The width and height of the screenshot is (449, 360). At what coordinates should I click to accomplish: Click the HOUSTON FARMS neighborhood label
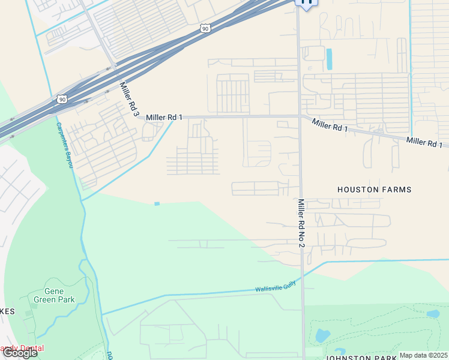(374, 190)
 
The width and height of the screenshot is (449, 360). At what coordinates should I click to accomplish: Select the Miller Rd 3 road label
(129, 100)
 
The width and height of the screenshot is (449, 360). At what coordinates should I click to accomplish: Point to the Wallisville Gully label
(276, 287)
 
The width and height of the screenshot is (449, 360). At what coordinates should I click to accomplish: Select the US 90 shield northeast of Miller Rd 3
(205, 28)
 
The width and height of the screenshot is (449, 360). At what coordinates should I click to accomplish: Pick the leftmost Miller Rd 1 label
(164, 117)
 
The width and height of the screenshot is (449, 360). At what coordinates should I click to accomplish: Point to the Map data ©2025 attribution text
(423, 355)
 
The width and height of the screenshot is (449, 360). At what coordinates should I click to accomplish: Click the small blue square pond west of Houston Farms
(157, 204)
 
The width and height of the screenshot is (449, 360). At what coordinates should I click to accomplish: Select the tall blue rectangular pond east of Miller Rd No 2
(329, 59)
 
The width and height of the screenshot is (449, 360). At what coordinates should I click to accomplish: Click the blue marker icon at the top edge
(307, 3)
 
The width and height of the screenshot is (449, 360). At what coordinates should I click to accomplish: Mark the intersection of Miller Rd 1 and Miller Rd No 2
(299, 116)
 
